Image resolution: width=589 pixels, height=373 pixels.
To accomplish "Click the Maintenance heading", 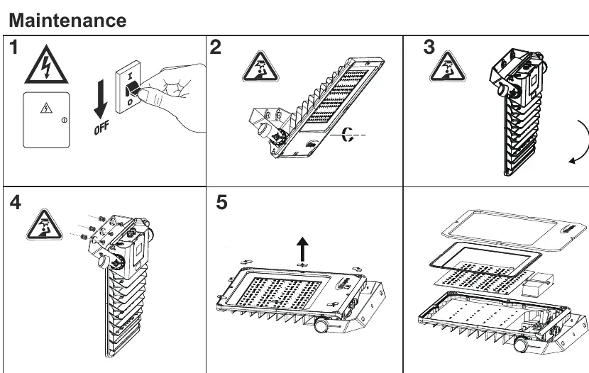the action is pos(67,21).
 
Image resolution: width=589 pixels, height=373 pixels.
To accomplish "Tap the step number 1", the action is pos(13,48).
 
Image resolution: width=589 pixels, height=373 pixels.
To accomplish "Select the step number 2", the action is pos(216,48).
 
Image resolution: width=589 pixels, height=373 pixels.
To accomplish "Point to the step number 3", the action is pos(429,48).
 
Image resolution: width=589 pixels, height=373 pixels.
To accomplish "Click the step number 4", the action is pos(16,203).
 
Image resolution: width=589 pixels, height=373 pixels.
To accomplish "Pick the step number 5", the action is pos(221,202).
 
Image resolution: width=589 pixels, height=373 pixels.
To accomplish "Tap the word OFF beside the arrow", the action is pos(101,128).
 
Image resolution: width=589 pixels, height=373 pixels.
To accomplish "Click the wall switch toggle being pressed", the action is pos(132,89).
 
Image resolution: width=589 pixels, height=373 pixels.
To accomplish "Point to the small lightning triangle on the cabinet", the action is pos(46,108).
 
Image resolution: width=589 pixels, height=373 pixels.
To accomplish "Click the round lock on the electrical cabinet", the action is pos(64,121).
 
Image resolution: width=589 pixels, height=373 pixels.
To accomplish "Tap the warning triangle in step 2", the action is pos(260,67).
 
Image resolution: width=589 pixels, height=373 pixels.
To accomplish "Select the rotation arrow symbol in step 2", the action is pos(347,135).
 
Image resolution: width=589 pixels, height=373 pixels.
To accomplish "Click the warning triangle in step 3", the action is pos(447,67).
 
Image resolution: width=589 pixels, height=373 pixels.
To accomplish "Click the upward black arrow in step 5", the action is pos(302,249).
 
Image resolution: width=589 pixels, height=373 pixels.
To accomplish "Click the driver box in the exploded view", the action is pos(537,285).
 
